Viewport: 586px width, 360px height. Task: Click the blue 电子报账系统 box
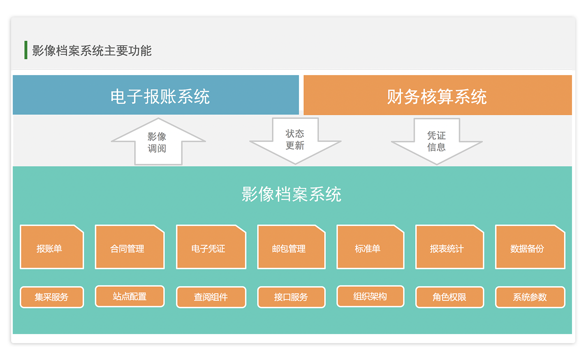click(x=156, y=95)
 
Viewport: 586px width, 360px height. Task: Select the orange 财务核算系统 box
click(x=438, y=95)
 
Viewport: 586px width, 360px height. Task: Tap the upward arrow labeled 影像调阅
click(x=158, y=142)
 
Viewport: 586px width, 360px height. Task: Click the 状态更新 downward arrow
click(x=295, y=141)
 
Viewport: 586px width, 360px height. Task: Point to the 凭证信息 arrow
click(x=437, y=142)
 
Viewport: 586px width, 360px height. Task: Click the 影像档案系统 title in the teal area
click(x=292, y=194)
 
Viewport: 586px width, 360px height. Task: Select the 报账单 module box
click(x=52, y=247)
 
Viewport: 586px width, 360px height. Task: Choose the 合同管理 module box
click(x=130, y=247)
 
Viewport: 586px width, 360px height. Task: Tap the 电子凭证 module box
click(x=211, y=247)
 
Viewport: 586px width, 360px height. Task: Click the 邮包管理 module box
click(x=291, y=247)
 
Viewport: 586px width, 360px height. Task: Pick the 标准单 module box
click(x=371, y=247)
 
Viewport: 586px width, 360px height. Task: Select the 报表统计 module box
click(x=450, y=247)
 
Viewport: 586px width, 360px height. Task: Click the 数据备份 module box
click(x=530, y=247)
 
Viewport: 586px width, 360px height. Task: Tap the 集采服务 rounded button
click(x=52, y=297)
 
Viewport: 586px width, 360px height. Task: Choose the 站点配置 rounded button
click(x=130, y=296)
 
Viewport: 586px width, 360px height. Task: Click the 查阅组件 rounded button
click(x=211, y=297)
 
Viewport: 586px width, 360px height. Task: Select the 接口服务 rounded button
click(x=291, y=297)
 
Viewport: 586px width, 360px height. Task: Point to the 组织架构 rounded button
click(x=371, y=296)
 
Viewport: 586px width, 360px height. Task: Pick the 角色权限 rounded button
click(x=450, y=297)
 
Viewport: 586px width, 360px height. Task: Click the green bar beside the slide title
click(x=26, y=50)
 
